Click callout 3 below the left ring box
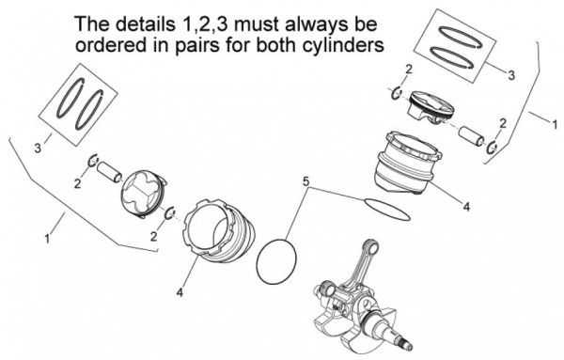[38, 148]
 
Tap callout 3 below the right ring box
[510, 73]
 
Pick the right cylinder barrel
[400, 166]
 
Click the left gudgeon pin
[113, 173]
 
